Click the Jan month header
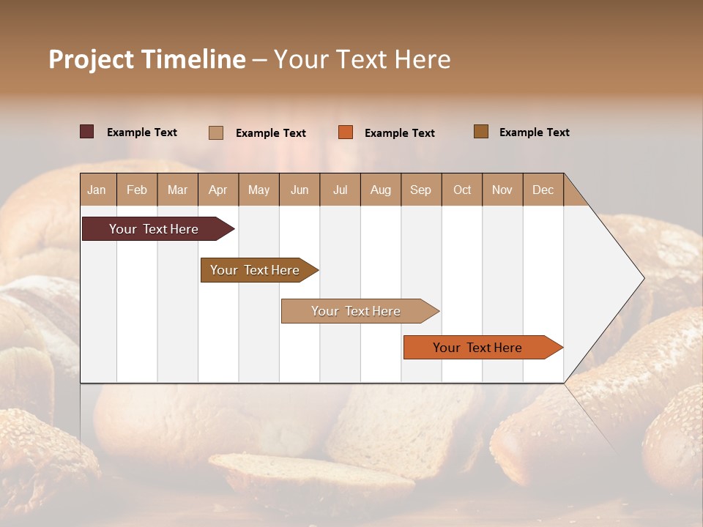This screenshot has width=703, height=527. click(x=97, y=190)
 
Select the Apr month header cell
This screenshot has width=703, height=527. click(x=218, y=190)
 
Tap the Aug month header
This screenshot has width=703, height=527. click(x=381, y=190)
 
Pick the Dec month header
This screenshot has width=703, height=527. click(x=543, y=190)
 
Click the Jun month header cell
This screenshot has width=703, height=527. click(x=300, y=190)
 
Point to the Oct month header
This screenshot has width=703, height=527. click(x=462, y=190)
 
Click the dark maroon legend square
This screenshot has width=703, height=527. click(x=87, y=132)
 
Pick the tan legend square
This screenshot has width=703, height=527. click(x=216, y=132)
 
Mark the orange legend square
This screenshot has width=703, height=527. click(x=346, y=132)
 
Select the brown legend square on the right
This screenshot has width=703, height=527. click(x=481, y=132)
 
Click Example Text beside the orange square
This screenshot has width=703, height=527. click(x=399, y=133)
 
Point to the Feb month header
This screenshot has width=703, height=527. click(x=137, y=190)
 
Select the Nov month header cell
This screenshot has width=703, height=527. click(x=502, y=190)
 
